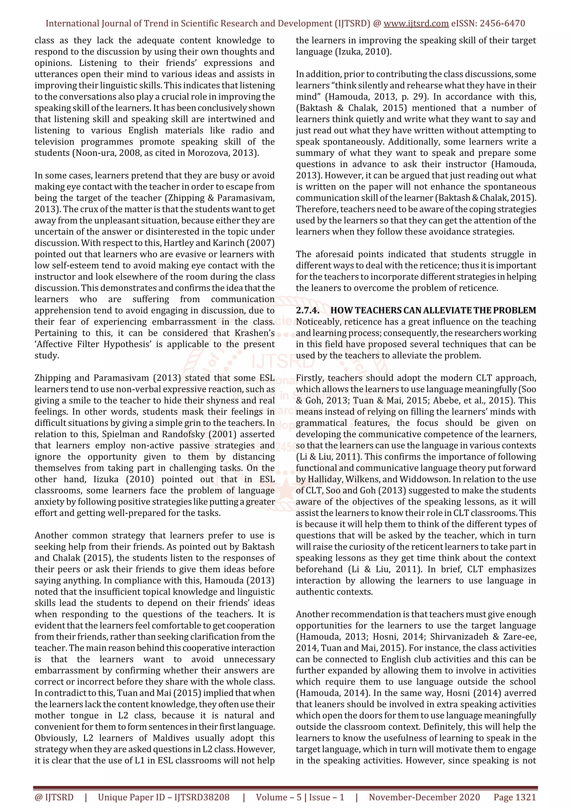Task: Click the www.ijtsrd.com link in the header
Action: tap(416, 24)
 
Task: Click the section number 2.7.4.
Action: tap(308, 310)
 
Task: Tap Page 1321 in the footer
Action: tap(515, 797)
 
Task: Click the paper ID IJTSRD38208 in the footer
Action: tap(202, 797)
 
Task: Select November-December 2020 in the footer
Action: tap(424, 797)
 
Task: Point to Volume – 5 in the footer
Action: tap(279, 797)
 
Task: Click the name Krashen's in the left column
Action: tap(253, 333)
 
